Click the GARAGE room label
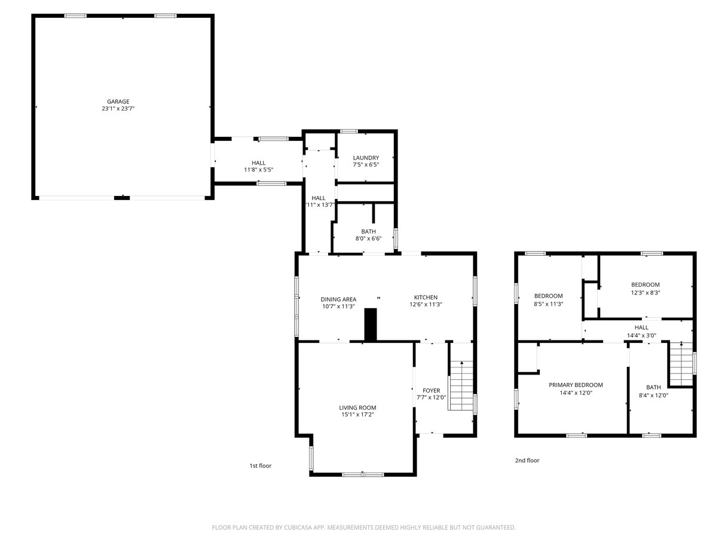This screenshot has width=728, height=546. pos(118,102)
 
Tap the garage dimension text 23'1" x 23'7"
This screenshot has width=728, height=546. pos(118,108)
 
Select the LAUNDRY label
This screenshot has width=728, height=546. pos(366,158)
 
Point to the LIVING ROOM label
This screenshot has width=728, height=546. pos(357,408)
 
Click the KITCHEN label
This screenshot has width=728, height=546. pos(426,297)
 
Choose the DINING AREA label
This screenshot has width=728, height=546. pos(338,299)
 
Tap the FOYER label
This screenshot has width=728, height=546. pos(431,391)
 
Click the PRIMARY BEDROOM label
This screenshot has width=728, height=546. pos(576,385)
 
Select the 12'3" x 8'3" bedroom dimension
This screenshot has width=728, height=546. pos(646,293)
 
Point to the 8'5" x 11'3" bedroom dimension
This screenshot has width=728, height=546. pos(549,304)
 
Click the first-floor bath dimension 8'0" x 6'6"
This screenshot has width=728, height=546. pos(368,238)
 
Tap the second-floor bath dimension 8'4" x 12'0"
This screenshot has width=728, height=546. pos(653,395)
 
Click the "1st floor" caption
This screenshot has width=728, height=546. pos(261,466)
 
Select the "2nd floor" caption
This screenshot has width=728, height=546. pos(527,461)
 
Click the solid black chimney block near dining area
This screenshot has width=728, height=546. pos(371,324)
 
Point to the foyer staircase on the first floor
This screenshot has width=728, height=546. pos(461,385)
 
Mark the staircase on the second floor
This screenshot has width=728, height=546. pos(681,364)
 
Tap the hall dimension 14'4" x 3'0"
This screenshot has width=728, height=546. pos(641,336)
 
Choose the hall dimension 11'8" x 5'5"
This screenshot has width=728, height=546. pos(259,170)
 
